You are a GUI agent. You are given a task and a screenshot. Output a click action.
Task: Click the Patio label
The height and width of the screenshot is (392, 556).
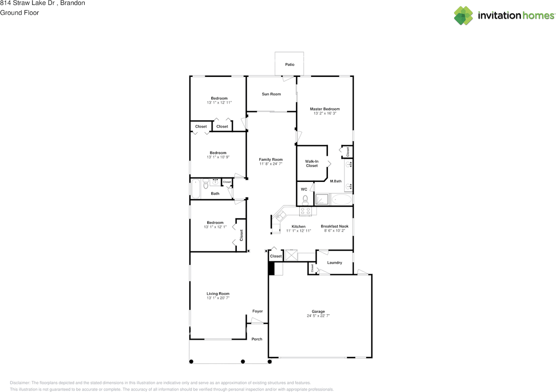click(x=290, y=65)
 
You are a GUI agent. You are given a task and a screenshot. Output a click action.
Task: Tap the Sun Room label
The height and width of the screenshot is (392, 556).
click(x=271, y=94)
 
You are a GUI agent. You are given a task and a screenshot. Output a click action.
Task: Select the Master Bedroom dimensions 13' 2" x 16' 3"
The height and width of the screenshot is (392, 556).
click(x=325, y=113)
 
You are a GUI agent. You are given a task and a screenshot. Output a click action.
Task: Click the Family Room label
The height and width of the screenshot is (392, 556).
click(x=271, y=159)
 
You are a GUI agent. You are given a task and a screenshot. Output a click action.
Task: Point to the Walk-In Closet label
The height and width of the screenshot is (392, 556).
click(x=312, y=164)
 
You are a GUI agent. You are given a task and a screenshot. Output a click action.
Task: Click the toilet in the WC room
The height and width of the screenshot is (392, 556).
click(x=305, y=200)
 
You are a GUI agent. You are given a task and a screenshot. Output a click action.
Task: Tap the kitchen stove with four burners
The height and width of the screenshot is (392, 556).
click(x=305, y=211)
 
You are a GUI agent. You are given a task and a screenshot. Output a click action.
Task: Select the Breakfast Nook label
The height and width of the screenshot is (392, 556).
click(x=334, y=226)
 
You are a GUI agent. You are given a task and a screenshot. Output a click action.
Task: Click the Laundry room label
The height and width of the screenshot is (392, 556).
click(x=334, y=263)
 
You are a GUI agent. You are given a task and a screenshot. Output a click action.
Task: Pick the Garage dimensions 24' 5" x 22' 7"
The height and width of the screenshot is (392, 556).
click(x=318, y=316)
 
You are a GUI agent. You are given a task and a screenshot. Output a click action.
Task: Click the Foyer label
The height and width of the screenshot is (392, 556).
click(x=258, y=311)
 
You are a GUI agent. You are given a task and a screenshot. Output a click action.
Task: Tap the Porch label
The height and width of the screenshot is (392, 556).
click(x=257, y=339)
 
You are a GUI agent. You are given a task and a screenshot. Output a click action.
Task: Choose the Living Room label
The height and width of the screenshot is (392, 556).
click(x=218, y=293)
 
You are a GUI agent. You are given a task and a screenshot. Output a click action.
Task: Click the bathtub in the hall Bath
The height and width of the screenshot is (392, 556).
click(x=195, y=188)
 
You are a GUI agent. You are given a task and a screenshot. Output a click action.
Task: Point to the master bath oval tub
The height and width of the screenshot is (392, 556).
click(x=341, y=200)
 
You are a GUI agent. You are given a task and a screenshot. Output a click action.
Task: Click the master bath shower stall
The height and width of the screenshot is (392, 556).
click(x=322, y=200)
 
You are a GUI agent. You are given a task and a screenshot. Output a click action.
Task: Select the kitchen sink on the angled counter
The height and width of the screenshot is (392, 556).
click(x=280, y=215)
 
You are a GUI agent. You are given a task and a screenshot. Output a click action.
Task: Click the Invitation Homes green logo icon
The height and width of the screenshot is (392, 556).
click(x=463, y=16)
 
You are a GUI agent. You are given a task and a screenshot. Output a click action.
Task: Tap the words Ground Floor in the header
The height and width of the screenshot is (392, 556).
click(x=20, y=13)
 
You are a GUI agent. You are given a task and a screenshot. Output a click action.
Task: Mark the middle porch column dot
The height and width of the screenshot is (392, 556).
click(x=243, y=362)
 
